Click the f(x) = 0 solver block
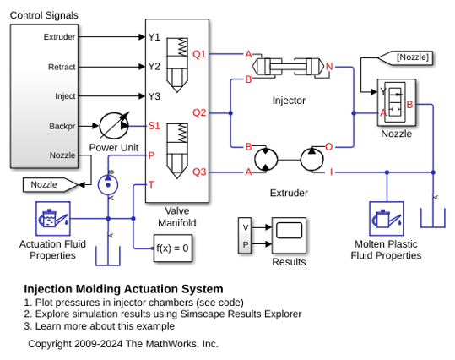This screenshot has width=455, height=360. pos(173,248)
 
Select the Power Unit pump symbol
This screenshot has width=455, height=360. pos(114,126)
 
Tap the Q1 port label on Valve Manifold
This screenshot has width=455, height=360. pos(199,54)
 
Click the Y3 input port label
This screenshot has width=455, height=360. pos(154,96)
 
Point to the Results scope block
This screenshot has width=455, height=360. pos(289,235)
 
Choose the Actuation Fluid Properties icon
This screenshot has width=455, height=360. pos(53,219)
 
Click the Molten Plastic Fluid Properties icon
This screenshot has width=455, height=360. pos(387,219)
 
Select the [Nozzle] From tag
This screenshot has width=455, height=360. pos(406,57)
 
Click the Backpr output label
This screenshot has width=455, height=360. pos(62,127)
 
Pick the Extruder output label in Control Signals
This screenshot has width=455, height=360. pos(59,37)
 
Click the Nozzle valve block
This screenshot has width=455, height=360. pos(397,102)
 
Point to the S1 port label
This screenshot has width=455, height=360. pos(154,126)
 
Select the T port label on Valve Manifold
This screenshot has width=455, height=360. pos(151,185)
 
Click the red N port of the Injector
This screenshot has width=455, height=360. pos(329,67)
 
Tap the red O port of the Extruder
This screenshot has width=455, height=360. pos(328,147)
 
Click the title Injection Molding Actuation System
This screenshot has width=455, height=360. pos(123,289)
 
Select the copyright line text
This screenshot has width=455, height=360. pos(123,344)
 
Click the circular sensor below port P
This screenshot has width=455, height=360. pos(108,185)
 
